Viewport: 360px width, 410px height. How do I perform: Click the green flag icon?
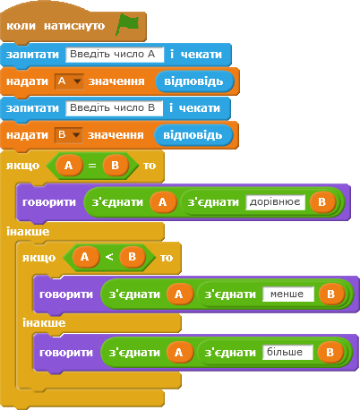127,24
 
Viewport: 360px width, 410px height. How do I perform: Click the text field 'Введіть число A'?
115,55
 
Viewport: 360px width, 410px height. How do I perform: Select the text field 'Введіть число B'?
115,108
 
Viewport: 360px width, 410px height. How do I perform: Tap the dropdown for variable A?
69,81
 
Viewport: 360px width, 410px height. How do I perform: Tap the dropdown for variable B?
69,135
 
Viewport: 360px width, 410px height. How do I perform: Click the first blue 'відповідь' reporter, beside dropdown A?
194,81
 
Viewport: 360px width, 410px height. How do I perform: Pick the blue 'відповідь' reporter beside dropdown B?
193,135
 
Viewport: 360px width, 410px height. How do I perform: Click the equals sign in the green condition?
92,166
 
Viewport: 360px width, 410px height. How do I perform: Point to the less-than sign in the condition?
109,257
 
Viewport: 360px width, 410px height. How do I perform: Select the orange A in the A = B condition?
69,166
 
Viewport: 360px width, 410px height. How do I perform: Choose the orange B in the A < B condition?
133,257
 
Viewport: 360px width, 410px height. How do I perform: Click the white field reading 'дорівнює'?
275,202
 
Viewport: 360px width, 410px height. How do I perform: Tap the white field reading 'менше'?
288,295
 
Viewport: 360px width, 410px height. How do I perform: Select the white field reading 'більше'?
287,353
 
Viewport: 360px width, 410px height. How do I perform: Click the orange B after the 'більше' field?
330,353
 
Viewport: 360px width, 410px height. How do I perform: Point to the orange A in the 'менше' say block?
179,295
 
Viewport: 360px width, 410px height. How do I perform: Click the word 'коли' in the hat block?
21,26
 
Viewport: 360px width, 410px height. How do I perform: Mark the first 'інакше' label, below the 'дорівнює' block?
28,232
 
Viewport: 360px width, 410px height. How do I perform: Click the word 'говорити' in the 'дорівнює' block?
49,202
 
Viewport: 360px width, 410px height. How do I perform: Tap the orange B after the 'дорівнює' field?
322,202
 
